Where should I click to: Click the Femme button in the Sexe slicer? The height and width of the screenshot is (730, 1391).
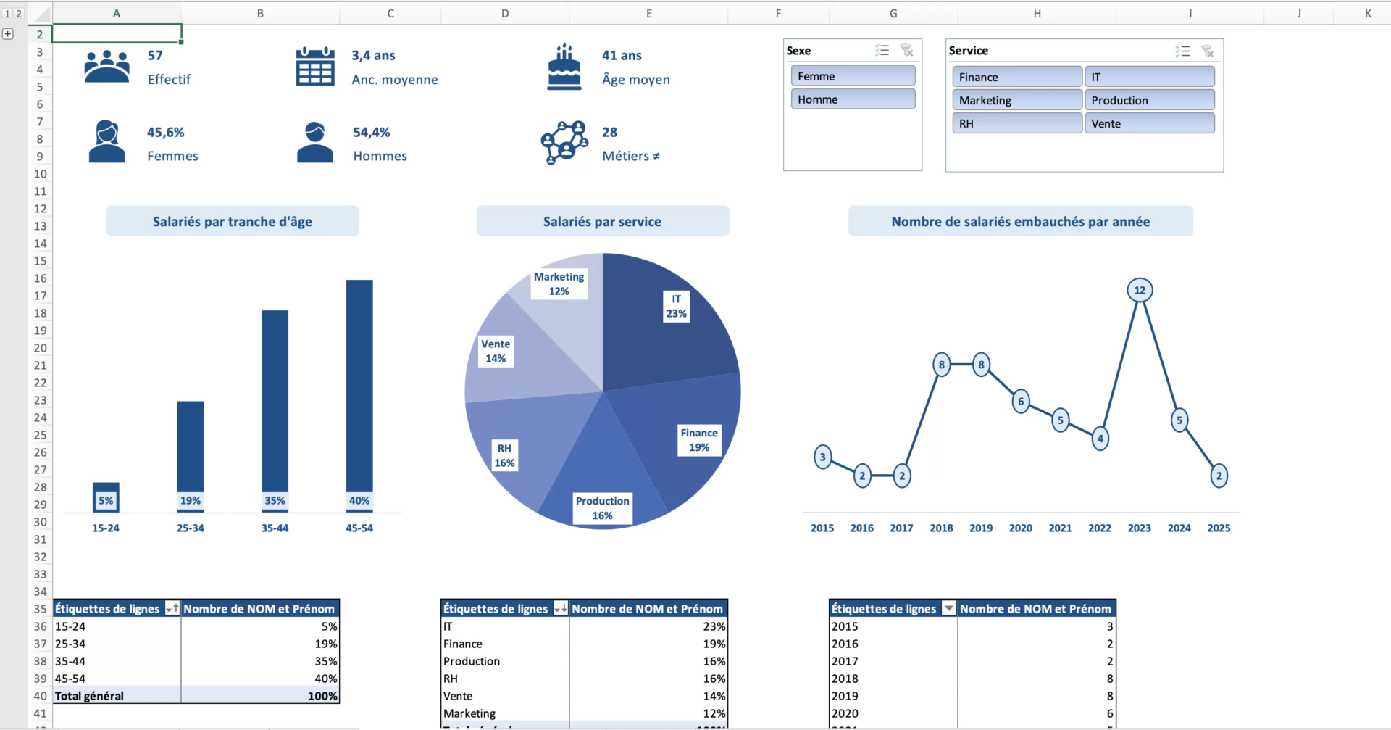852,76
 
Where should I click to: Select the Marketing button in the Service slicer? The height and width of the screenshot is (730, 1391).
1016,100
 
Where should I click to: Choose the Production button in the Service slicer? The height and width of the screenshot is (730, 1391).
1148,100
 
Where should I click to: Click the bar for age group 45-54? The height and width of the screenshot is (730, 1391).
359,384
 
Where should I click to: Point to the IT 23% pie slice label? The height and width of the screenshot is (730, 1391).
676,306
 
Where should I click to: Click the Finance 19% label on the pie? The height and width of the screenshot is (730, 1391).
698,440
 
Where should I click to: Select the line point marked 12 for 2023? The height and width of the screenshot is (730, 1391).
1140,290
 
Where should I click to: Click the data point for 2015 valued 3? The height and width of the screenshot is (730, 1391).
822,457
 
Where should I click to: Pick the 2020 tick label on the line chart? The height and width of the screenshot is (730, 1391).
1020,528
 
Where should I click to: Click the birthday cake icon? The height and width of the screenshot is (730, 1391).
564,67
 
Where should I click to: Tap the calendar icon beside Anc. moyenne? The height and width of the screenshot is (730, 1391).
315,67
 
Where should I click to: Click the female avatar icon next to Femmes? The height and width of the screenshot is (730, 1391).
107,141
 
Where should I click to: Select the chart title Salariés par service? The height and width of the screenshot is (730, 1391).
602,222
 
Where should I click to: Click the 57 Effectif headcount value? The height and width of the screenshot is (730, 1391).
155,56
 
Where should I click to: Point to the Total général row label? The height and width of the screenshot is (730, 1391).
90,696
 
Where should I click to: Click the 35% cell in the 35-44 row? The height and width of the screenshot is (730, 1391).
326,661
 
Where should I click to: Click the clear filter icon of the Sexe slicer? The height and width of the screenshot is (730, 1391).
906,51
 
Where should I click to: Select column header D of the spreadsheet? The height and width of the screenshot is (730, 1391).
505,13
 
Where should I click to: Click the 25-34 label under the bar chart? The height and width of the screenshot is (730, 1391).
190,528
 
